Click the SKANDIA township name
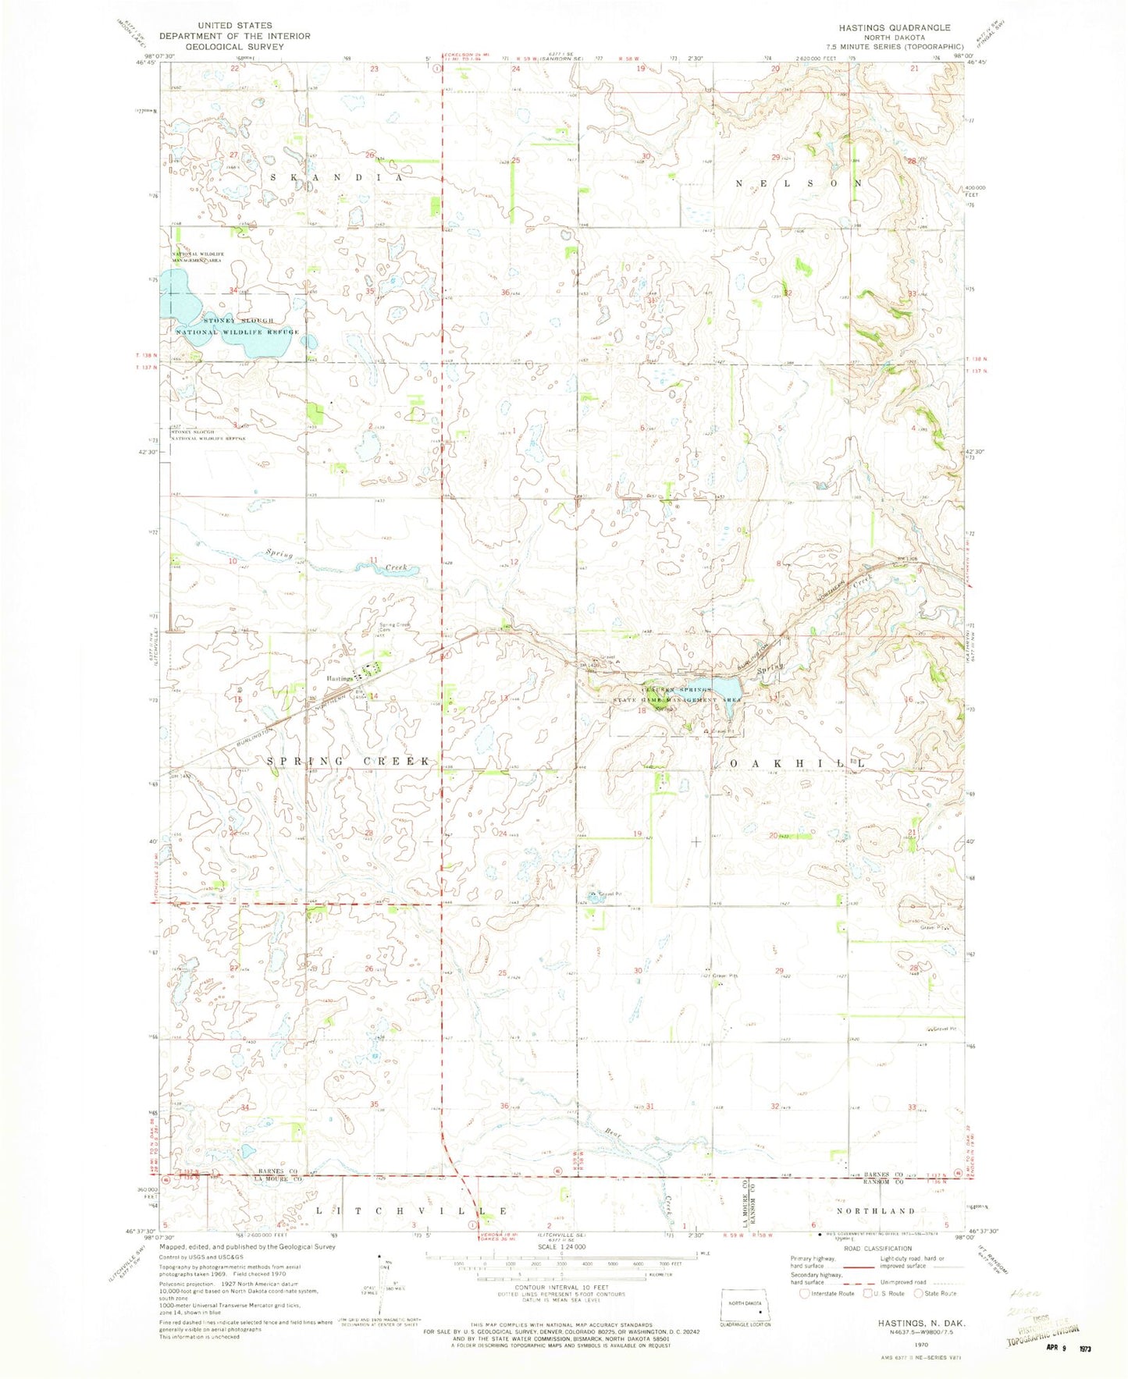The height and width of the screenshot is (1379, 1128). pos(336,178)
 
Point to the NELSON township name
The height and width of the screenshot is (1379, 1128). pos(800,183)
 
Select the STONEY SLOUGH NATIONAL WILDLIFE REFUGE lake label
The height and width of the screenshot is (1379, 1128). pos(237,326)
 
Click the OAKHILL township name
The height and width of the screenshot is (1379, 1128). pos(796,761)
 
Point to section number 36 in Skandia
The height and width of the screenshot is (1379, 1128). pos(505,293)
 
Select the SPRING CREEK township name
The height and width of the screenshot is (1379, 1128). pos(349,760)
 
